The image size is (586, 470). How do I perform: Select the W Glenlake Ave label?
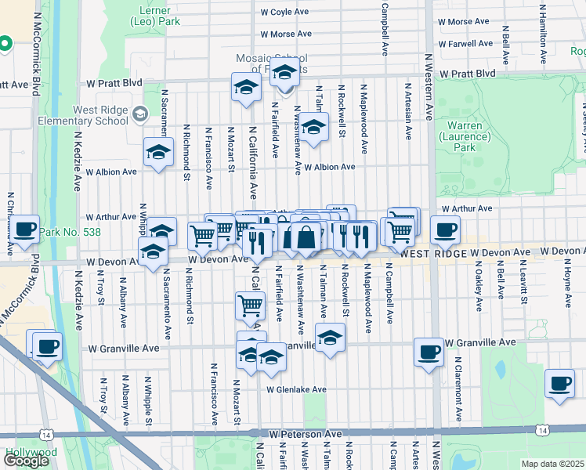pos(295,389)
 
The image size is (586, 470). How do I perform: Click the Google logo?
pos(26,461)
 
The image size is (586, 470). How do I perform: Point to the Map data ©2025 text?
pos(553,464)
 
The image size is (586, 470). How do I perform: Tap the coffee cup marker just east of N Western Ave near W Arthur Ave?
pos(445,230)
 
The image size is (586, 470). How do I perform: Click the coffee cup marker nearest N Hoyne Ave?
pos(559,383)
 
